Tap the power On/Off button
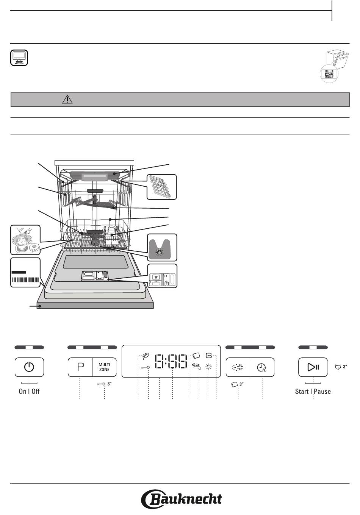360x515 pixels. (29, 367)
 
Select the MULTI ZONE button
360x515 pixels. (104, 367)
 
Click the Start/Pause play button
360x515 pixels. (313, 367)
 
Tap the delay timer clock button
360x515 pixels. (262, 367)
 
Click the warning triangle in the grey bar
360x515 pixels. (67, 100)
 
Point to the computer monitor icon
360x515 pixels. (19, 58)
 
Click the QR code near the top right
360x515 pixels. (329, 74)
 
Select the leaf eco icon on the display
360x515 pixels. (146, 356)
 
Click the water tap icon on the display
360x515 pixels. (196, 366)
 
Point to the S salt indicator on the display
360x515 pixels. (209, 356)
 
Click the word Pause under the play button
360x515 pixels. (322, 392)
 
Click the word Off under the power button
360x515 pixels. (35, 391)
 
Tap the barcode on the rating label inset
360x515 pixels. (25, 280)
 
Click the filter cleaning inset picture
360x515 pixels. (25, 240)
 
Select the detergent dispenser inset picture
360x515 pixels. (162, 276)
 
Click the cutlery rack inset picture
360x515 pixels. (162, 187)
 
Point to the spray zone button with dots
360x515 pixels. (238, 367)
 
